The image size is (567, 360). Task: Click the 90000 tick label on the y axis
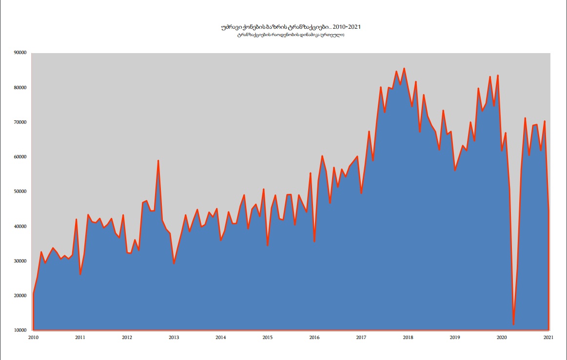point(20,53)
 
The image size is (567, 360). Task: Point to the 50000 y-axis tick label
point(20,192)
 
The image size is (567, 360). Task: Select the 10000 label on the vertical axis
point(20,330)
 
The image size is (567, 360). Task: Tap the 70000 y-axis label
point(20,122)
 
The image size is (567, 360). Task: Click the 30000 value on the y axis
point(20,261)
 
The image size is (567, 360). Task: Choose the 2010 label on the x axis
point(33,337)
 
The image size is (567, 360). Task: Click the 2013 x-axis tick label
point(174,337)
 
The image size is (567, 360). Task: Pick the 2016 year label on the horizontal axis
point(314,337)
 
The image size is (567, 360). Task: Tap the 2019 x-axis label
point(454,337)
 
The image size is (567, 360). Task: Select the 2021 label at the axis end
point(548,337)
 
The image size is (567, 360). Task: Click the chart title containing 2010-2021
point(291,27)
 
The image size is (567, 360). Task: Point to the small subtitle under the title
point(291,35)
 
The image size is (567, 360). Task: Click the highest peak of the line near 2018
point(404,69)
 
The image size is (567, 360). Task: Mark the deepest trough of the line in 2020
point(513,324)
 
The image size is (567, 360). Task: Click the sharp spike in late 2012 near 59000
point(158,161)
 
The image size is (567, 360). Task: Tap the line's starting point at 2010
point(33,294)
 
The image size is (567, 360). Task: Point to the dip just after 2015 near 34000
point(268,246)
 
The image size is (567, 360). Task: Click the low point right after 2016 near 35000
point(314,241)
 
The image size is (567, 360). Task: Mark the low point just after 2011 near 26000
point(80,274)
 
